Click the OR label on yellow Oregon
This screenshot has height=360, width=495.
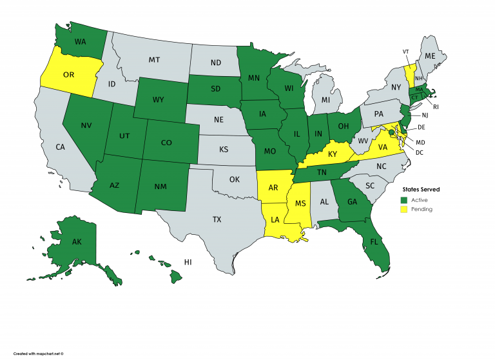pyautogui.click(x=68, y=74)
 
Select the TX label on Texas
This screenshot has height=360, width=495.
pyautogui.click(x=217, y=219)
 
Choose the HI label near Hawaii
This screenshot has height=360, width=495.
pyautogui.click(x=188, y=263)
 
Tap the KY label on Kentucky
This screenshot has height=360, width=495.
pyautogui.click(x=332, y=155)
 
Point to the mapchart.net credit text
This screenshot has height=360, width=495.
pyautogui.click(x=38, y=354)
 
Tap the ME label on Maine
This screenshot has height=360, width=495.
pyautogui.click(x=430, y=56)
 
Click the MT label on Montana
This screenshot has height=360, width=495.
pyautogui.click(x=154, y=60)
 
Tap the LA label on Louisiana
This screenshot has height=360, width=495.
pyautogui.click(x=275, y=219)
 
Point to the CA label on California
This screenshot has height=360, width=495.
pyautogui.click(x=60, y=147)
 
